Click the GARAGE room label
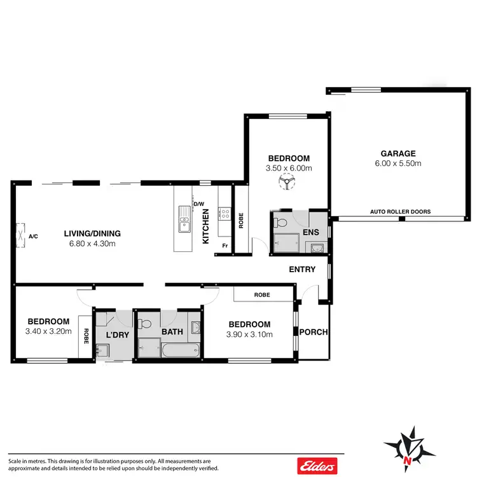398,153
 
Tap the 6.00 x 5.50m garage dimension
398,163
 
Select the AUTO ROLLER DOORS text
401,212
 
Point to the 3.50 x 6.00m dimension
288,169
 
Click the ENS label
310,232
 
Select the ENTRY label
302,269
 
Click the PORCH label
313,331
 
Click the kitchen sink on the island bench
185,223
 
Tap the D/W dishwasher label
199,204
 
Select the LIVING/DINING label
92,233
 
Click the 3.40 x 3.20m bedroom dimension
48,331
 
